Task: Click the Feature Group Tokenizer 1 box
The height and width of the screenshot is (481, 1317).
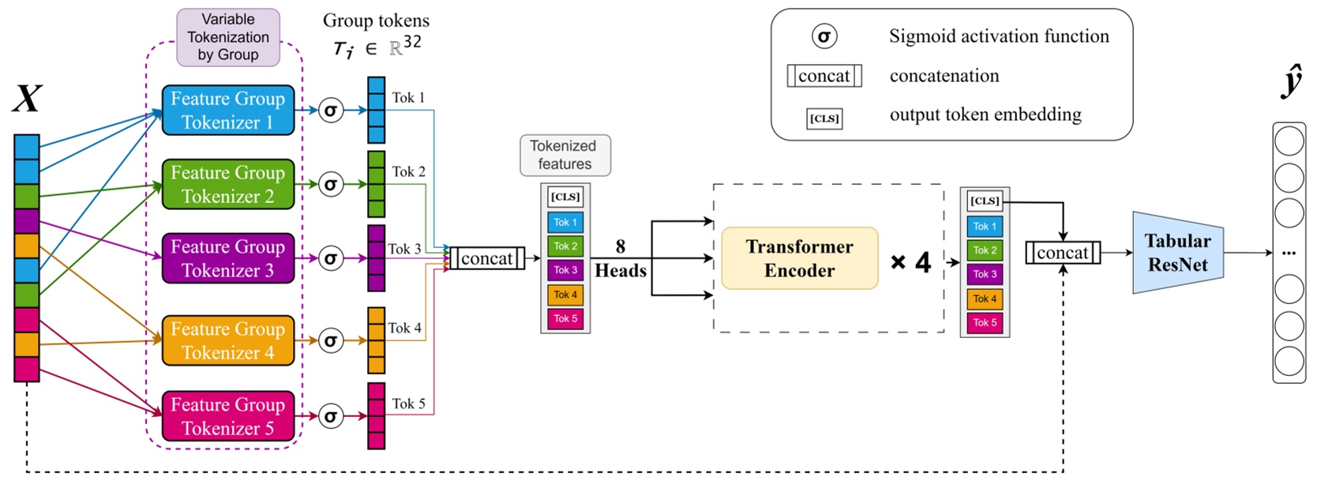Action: coord(227,111)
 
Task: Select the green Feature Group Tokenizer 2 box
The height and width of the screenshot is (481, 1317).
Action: coord(227,184)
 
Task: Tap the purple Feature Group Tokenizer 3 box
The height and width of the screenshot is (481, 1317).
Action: coord(227,258)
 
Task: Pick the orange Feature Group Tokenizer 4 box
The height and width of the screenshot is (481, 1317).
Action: coord(227,340)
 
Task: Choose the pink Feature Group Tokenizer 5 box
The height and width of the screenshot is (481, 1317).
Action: coord(227,416)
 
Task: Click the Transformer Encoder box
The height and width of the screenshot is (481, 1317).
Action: coord(799,258)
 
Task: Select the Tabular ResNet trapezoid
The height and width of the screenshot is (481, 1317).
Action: coord(1177,253)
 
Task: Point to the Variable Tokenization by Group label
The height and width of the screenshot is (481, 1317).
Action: coord(227,37)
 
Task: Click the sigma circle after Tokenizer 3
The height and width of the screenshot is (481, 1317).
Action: coord(331,258)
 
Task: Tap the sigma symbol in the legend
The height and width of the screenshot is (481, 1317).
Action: coord(824,36)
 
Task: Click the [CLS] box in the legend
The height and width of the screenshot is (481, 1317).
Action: coord(824,118)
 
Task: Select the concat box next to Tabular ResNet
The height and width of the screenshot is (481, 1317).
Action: coord(1062,253)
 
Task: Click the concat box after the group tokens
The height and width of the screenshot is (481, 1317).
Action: coord(486,258)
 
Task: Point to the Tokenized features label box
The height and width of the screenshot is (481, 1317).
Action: coord(565,155)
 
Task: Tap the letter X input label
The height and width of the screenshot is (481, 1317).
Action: coord(27,100)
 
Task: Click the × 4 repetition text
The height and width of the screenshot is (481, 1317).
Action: coord(910,262)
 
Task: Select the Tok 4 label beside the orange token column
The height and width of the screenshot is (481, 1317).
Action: coord(404,328)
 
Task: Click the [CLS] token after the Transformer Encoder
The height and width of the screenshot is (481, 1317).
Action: coord(985,201)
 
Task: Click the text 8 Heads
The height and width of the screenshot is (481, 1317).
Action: coord(621,259)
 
